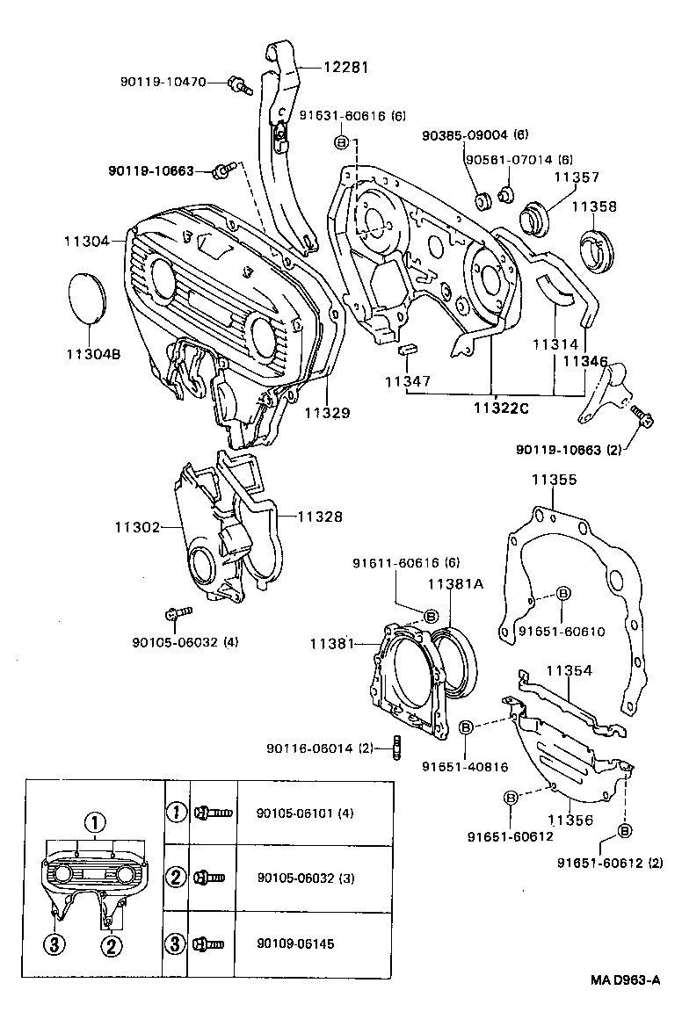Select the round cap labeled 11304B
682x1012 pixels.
[x=86, y=299]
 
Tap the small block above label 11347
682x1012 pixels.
[x=406, y=350]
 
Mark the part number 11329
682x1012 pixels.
[x=327, y=411]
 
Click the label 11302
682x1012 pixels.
[x=136, y=527]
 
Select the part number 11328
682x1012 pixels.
[x=319, y=517]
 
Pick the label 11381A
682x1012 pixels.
[x=455, y=584]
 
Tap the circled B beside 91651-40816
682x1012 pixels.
[x=467, y=727]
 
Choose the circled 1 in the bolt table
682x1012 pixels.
[x=177, y=812]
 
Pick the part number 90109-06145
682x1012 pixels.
[x=295, y=944]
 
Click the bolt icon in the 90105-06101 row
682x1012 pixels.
[x=214, y=813]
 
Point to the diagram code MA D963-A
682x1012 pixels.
[x=625, y=981]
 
